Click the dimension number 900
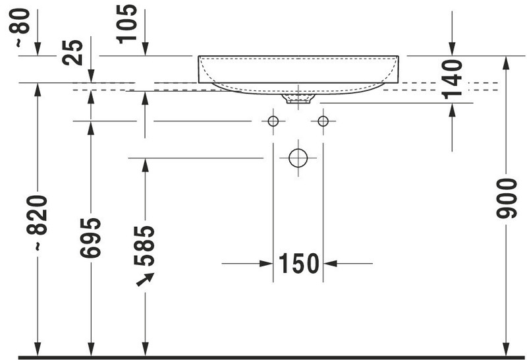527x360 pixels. [x=507, y=198]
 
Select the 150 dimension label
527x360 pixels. [x=299, y=264]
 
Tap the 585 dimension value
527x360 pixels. [x=144, y=246]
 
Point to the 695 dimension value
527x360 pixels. [x=90, y=238]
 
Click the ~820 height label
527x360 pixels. [x=37, y=223]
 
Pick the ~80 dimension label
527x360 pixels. [x=20, y=28]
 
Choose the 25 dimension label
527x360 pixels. [x=72, y=53]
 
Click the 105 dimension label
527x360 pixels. [x=127, y=24]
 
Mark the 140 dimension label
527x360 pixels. [x=452, y=79]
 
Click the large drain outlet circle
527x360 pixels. [x=298, y=158]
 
